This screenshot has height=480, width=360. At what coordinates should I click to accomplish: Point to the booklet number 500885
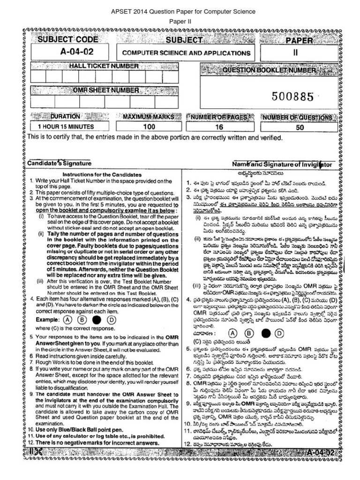pos(292,97)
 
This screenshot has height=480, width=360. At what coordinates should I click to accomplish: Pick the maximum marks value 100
pos(149,127)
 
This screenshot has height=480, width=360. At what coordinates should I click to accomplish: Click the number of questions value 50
pos(300,127)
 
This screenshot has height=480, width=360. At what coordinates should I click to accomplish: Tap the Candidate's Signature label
pos(59,164)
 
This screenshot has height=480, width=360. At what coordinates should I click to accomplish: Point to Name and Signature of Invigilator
pos(282,165)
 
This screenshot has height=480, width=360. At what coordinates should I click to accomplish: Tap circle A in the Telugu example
pos(231,333)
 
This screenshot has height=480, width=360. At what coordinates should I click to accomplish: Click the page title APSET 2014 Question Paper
pos(180,11)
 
